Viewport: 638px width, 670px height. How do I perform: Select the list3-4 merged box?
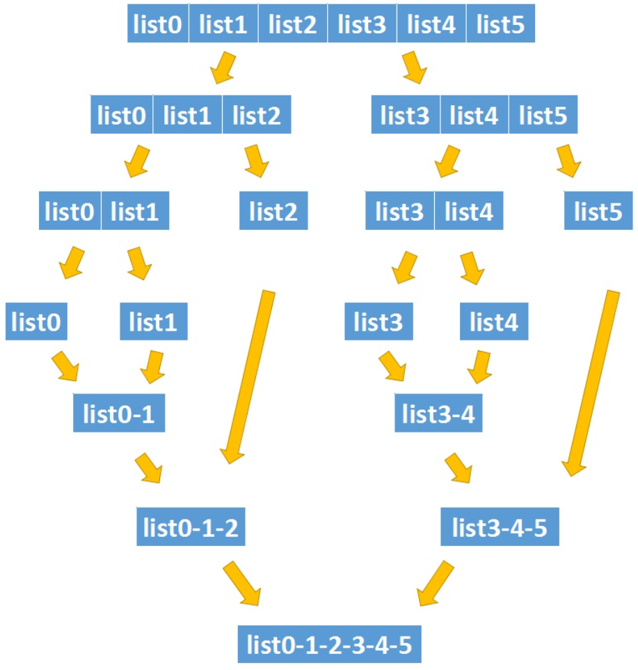click(439, 414)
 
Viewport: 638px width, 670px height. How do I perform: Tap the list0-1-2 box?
click(190, 529)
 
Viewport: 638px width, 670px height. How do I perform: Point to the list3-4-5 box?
click(500, 529)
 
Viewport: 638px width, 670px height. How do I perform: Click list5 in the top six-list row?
click(500, 26)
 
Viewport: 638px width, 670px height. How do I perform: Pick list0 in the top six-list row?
click(159, 26)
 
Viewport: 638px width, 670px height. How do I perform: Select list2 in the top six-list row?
click(293, 26)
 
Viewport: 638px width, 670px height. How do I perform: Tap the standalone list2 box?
click(273, 212)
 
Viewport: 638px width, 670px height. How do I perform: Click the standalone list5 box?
click(598, 212)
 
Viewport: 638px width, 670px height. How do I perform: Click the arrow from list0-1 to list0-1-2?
click(150, 468)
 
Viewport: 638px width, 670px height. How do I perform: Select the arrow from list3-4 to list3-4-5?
click(459, 468)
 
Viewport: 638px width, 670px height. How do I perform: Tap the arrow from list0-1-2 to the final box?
click(241, 584)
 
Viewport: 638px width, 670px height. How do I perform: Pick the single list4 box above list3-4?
click(494, 322)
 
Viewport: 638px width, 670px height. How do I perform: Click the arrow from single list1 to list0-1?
click(152, 366)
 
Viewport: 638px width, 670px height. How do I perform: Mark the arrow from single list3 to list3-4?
click(393, 366)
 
